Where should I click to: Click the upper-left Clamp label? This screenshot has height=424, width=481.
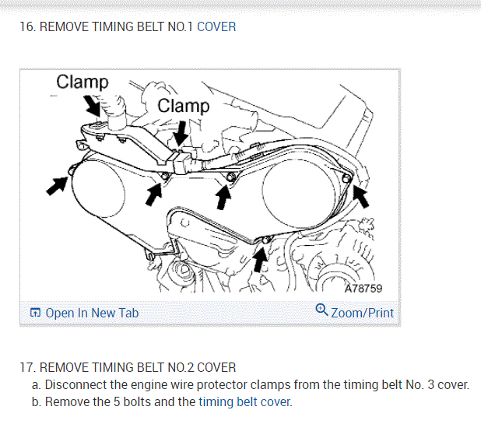coord(83,82)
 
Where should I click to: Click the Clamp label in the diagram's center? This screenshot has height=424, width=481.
coord(184,106)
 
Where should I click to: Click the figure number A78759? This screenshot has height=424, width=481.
coord(362,289)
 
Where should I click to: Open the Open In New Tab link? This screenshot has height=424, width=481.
coord(92,313)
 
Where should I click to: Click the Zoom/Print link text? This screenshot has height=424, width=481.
coord(362,313)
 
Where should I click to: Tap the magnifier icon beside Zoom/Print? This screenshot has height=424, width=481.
coord(321,310)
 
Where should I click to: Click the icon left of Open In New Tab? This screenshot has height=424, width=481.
coord(35,313)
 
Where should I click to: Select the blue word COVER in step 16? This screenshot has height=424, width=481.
coord(216,26)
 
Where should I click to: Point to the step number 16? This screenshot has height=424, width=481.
coord(27,26)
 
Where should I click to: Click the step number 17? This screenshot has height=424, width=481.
coord(27,367)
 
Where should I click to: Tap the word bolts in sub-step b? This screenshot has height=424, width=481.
coord(137,402)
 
